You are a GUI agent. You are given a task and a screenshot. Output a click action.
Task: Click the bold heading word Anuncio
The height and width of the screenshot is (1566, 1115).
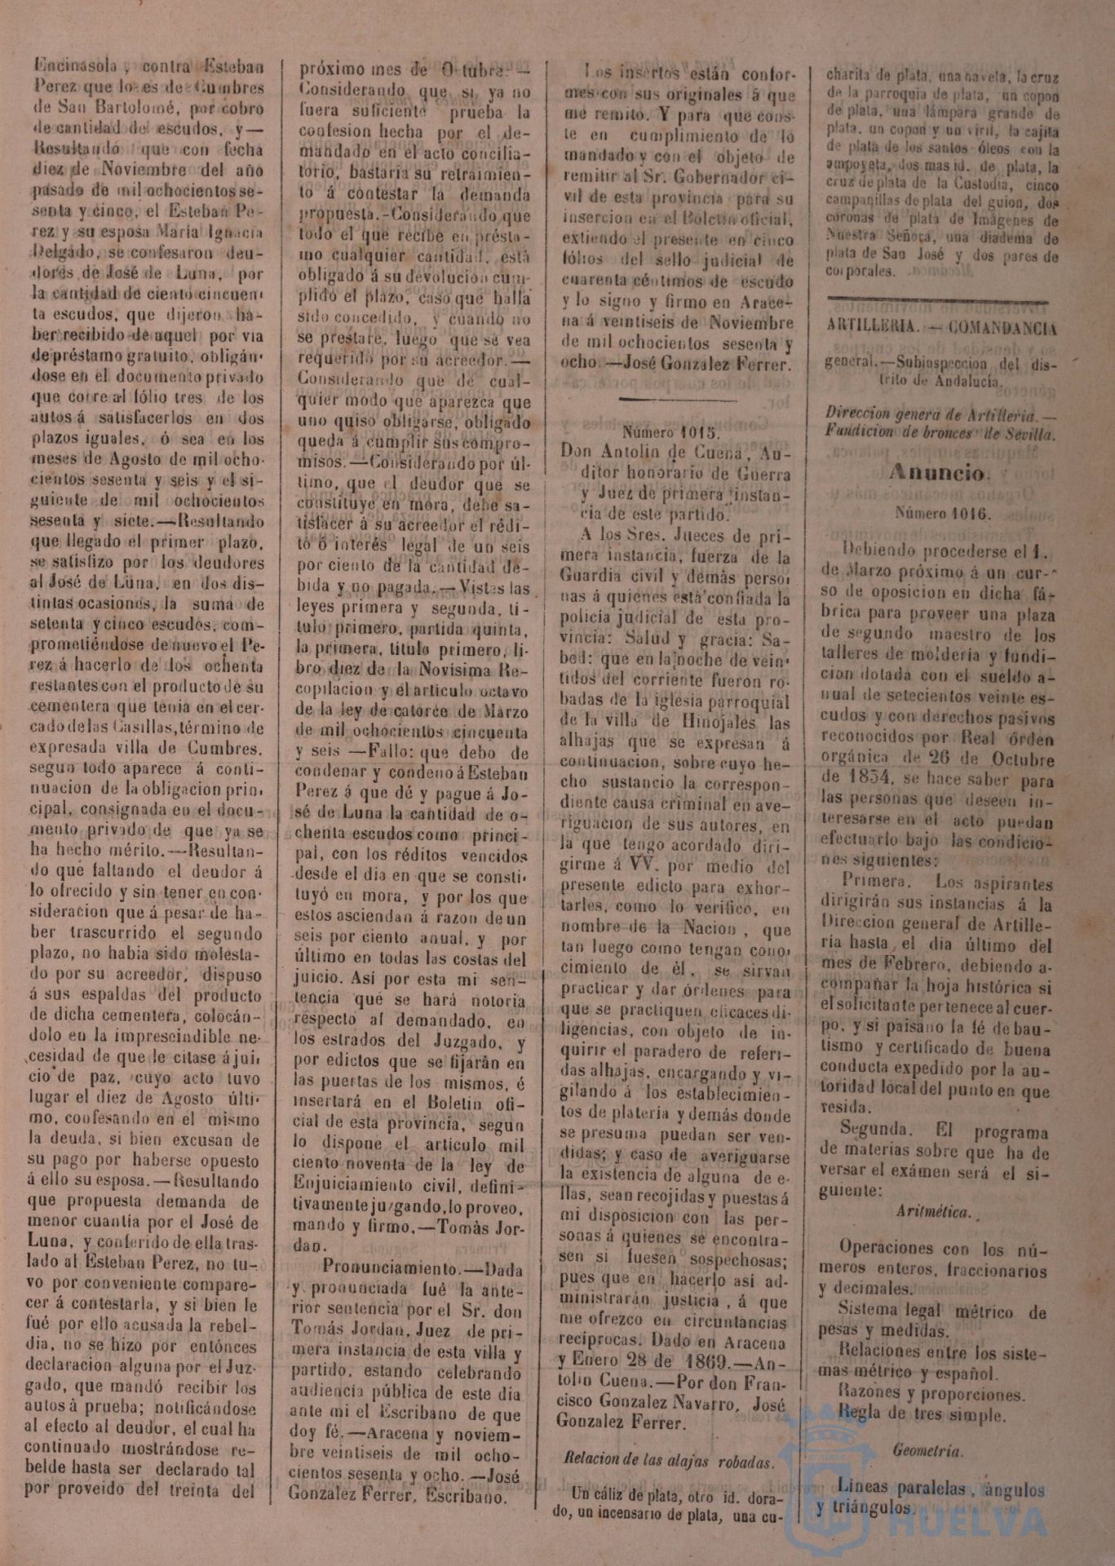coord(938,474)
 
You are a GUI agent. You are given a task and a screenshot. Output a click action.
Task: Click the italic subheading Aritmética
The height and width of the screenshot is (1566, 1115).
coord(934,1212)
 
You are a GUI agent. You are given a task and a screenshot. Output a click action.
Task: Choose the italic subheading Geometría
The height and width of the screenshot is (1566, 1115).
coord(928,1452)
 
